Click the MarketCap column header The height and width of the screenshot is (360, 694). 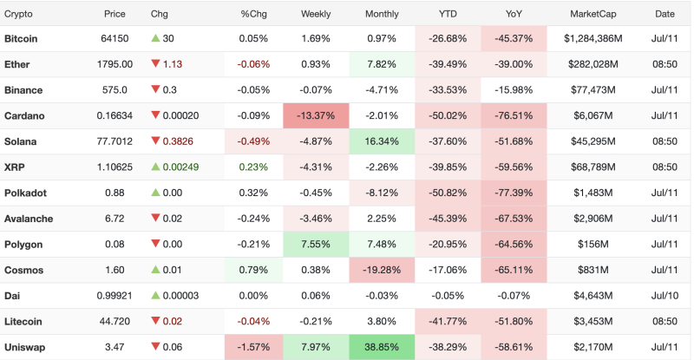(593, 14)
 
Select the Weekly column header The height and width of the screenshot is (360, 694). (316, 14)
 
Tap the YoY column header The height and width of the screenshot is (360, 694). (514, 14)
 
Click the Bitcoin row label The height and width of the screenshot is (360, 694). (21, 38)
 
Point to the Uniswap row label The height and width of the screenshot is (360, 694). (25, 347)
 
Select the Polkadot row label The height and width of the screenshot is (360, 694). (25, 193)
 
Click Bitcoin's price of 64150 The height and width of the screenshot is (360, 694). (115, 38)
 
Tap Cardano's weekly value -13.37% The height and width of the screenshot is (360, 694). (316, 115)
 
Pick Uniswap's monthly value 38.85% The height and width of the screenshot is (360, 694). (382, 347)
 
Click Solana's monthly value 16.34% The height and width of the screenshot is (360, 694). (382, 141)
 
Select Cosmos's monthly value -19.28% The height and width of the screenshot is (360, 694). (382, 270)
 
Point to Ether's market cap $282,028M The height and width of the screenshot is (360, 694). (593, 64)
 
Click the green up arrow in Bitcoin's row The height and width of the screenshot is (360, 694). (155, 38)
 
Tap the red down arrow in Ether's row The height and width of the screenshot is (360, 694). (155, 64)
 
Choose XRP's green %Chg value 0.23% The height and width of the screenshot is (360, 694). (253, 167)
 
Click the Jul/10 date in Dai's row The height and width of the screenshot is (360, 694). (665, 296)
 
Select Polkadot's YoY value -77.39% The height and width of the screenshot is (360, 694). (514, 193)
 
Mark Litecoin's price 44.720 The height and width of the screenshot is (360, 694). (115, 322)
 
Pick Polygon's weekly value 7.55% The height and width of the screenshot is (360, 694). (316, 245)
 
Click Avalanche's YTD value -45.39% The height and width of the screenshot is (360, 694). (448, 219)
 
